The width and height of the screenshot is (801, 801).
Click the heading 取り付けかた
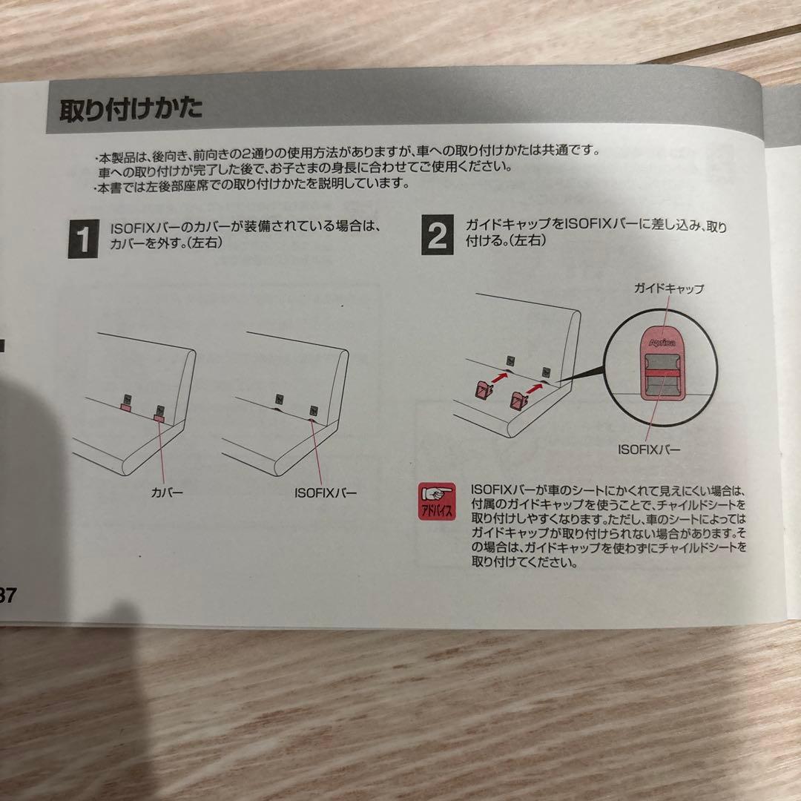coord(131,110)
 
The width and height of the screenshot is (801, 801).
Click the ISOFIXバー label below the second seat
coord(325,492)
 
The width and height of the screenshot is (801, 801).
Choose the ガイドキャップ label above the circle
coord(668,289)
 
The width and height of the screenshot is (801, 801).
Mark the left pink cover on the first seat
coord(126,406)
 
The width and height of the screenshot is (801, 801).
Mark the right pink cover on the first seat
coord(159,419)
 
